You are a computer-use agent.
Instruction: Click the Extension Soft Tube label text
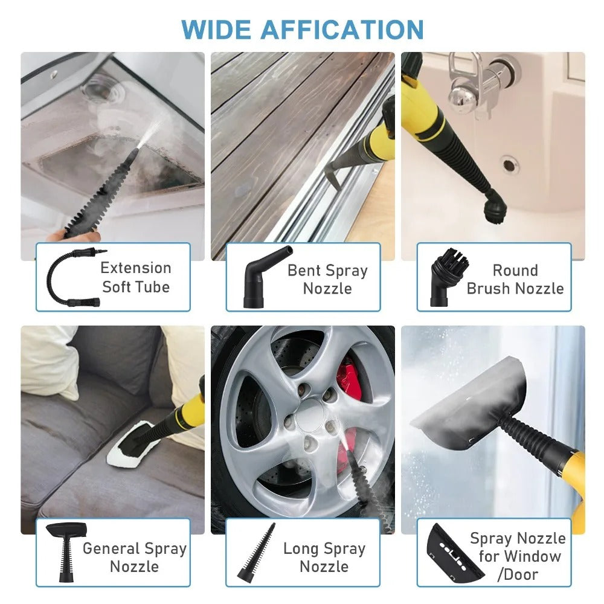135,277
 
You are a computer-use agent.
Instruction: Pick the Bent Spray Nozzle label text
327,279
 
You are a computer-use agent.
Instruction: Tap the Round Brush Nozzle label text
515,279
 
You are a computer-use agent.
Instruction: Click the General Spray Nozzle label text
134,557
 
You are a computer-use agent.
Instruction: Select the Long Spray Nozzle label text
324,557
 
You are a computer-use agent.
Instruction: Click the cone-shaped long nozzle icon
259,552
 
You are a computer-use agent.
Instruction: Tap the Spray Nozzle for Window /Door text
518,556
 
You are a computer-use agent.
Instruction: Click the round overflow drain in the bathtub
509,164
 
